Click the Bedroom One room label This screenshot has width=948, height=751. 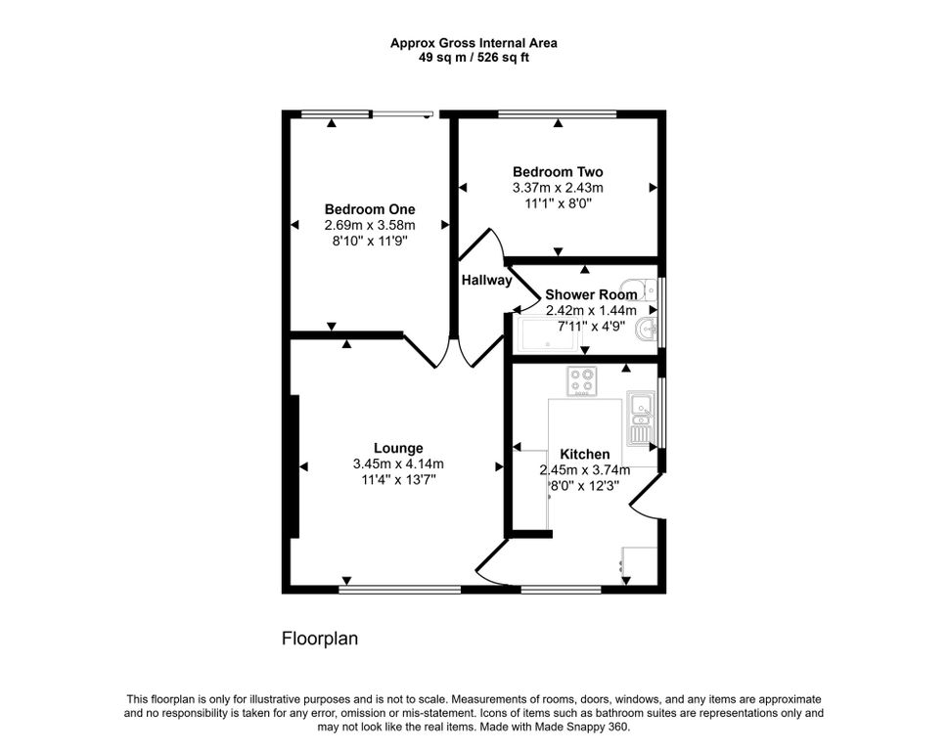370,209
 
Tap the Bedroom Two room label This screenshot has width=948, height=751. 558,172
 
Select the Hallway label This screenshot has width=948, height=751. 486,281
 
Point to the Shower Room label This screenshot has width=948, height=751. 591,294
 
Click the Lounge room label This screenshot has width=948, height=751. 398,449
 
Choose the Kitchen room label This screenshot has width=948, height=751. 585,455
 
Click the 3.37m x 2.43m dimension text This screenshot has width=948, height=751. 558,188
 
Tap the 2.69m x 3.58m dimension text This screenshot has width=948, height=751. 370,225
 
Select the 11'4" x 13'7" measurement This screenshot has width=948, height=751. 398,480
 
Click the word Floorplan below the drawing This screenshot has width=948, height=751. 320,640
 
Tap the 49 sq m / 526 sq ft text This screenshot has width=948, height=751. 474,57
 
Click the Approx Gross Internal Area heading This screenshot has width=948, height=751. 474,42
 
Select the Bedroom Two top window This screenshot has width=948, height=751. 558,113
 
